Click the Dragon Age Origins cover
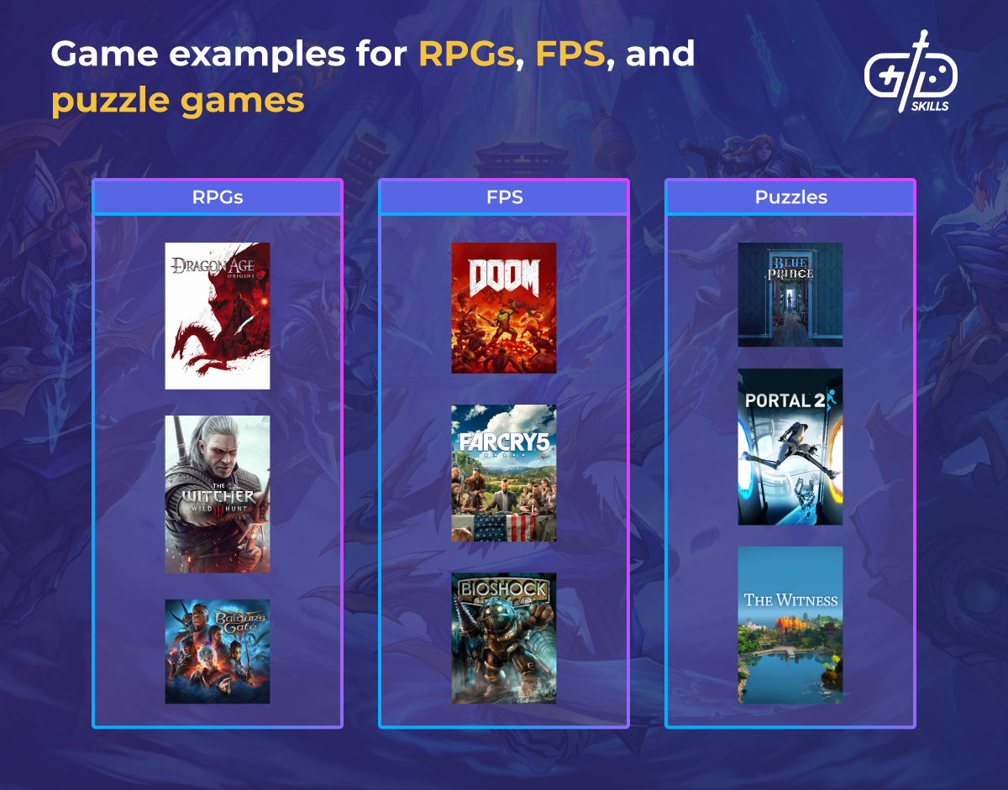(x=217, y=316)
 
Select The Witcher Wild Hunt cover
(x=217, y=494)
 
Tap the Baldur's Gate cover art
(x=217, y=651)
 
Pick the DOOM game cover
(x=503, y=308)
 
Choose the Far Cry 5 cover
(x=503, y=473)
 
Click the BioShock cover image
(x=503, y=638)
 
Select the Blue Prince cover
(x=790, y=295)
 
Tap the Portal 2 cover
(x=790, y=447)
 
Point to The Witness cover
(x=790, y=625)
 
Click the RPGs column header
(x=217, y=197)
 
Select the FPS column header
(x=504, y=197)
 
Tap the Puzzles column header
(x=790, y=197)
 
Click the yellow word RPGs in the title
(x=466, y=55)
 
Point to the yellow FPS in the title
(x=572, y=55)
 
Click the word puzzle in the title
(x=109, y=102)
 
